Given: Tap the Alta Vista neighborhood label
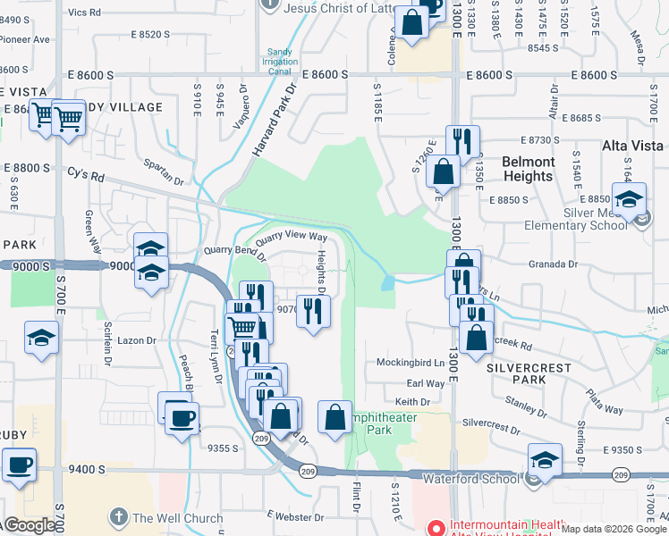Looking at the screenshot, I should (x=631, y=146).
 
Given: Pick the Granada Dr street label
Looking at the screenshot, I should (x=555, y=264).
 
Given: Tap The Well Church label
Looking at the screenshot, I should (x=178, y=517).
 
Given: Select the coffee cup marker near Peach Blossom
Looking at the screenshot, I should (x=182, y=417).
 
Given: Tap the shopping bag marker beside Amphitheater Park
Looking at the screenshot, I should (x=334, y=417).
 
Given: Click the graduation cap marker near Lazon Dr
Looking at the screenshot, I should (x=40, y=338).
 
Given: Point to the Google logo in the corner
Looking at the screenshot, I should (x=29, y=525).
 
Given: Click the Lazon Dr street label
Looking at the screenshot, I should (x=137, y=340).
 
